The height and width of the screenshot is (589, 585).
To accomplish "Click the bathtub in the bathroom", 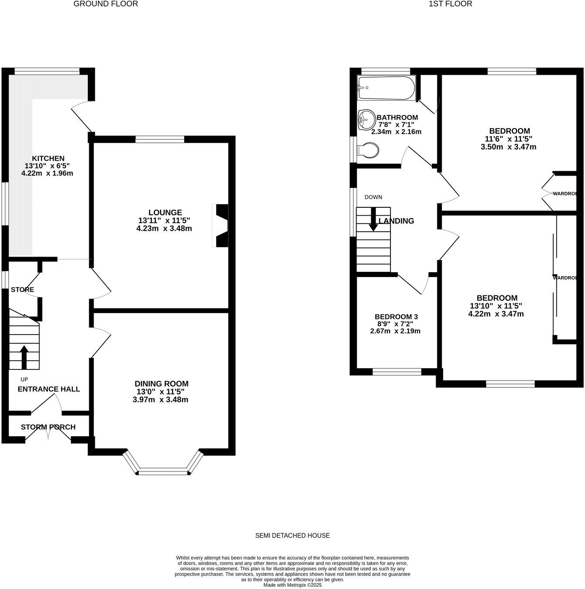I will pos(386,88).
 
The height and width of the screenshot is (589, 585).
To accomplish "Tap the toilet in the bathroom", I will pos(368,150).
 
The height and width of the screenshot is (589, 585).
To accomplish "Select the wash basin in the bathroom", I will pos(366,119).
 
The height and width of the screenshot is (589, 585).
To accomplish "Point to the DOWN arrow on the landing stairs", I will pos(373,219).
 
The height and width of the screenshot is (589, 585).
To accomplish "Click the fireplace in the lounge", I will pos(221,226).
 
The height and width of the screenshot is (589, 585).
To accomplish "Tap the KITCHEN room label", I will pos(48,159).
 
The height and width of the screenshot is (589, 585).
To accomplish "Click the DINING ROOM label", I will pos(161,384).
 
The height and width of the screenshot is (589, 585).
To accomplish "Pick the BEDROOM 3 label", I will pos(396,317).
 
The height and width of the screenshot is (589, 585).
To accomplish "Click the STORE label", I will pos(23,290).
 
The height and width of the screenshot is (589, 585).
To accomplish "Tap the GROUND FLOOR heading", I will pos(106,4).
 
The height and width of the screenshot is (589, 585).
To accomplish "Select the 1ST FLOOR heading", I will pos(451,4).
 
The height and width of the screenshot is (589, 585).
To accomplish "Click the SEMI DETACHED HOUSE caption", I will pos(292,535).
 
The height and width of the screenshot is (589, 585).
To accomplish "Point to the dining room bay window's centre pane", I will pos(163,471).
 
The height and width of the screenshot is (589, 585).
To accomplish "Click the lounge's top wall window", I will pos(160,139).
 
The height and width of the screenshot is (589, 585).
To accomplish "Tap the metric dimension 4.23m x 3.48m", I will pos(164,228).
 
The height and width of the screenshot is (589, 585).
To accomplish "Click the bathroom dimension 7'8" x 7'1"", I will pos(396,125).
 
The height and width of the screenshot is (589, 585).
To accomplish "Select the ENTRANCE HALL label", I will pos(49,389).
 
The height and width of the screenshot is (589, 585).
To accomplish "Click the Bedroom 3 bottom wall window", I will pos(397,372).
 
